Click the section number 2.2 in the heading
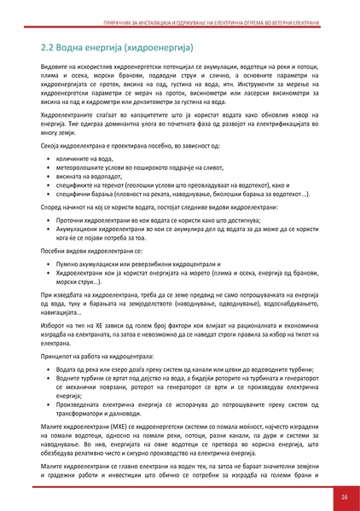point(49,44)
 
